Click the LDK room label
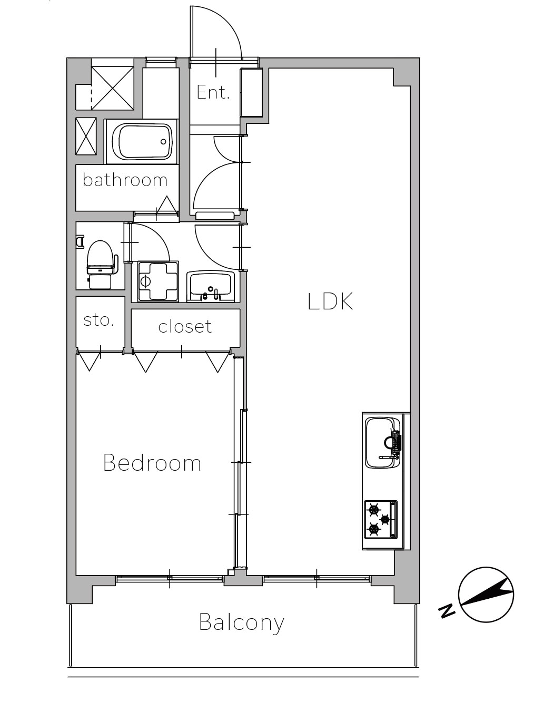[x=330, y=301]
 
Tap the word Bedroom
[x=152, y=463]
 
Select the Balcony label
[x=241, y=623]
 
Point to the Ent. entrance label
[x=213, y=92]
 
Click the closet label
[x=185, y=326]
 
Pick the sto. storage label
[x=98, y=320]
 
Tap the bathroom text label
[x=125, y=180]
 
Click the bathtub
[x=142, y=142]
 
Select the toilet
[x=100, y=264]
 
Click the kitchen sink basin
[x=383, y=443]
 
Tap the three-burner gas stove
[x=381, y=520]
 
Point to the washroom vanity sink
[x=210, y=286]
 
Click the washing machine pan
[x=159, y=281]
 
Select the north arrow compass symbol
[x=486, y=595]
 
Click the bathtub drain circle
[x=163, y=142]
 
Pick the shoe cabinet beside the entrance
[x=251, y=93]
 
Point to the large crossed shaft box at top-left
[x=113, y=88]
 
